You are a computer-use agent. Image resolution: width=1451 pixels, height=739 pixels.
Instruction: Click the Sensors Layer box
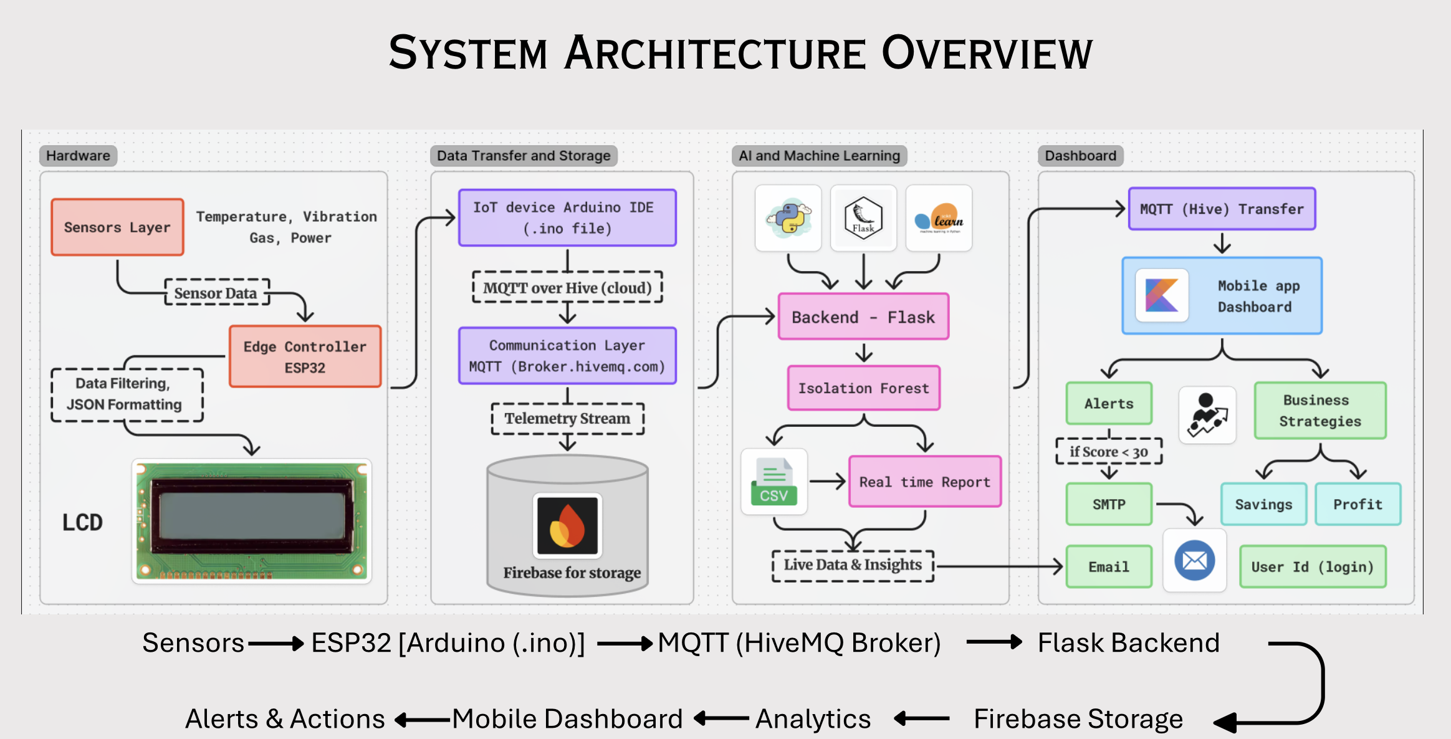click(117, 227)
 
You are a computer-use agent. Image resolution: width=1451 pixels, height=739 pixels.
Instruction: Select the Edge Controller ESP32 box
click(305, 356)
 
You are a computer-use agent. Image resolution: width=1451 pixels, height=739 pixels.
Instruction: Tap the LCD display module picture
click(252, 522)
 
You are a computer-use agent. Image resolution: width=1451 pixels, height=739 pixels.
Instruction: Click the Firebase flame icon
click(567, 525)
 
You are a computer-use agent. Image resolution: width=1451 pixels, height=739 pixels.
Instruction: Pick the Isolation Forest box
click(863, 388)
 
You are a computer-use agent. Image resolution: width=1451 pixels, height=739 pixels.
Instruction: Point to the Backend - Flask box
click(863, 317)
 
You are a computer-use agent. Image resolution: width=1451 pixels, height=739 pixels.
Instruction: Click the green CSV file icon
click(774, 482)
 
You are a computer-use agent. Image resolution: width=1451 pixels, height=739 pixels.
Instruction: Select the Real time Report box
click(925, 482)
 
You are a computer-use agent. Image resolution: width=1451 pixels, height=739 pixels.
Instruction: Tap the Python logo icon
click(788, 218)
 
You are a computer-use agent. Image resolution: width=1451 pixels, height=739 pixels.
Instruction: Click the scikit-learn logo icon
click(939, 218)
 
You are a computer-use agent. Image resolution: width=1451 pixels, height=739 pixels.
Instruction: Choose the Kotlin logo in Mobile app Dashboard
click(1162, 295)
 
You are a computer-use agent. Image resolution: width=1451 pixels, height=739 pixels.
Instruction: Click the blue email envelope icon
click(1194, 560)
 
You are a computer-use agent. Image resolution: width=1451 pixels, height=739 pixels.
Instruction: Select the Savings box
click(1263, 504)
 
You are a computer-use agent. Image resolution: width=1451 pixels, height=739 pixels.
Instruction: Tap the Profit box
click(1358, 504)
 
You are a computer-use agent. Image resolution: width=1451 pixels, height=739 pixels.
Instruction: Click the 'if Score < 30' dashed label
click(1109, 452)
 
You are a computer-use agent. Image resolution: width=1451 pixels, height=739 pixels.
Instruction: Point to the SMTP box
click(1109, 504)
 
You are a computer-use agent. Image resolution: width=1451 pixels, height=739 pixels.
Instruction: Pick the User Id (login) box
click(1313, 566)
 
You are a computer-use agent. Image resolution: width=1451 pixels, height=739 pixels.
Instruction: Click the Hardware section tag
click(78, 155)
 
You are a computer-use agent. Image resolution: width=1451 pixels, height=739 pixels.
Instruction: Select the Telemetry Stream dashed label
click(567, 418)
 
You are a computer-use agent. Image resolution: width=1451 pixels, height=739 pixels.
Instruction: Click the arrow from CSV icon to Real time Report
click(827, 481)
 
